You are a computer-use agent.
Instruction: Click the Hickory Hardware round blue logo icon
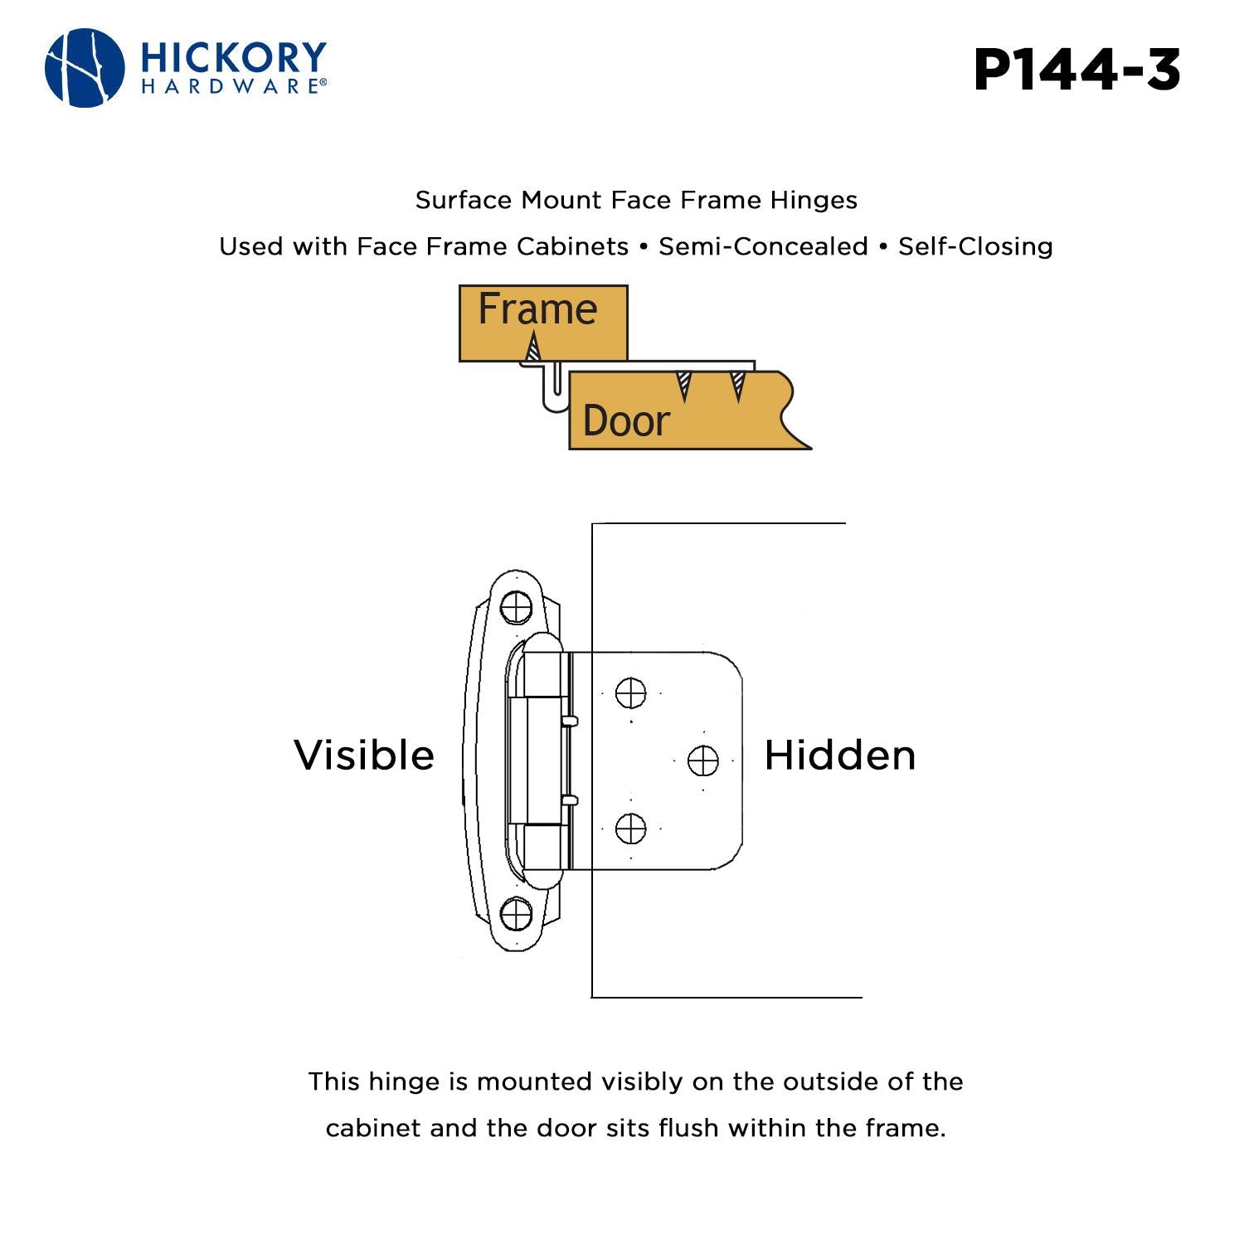pyautogui.click(x=85, y=68)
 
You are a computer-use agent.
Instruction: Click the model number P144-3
pyautogui.click(x=1076, y=70)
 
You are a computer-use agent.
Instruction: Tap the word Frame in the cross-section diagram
pyautogui.click(x=537, y=309)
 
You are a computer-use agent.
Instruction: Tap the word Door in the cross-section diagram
pyautogui.click(x=626, y=420)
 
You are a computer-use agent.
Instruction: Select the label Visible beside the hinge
pyautogui.click(x=364, y=756)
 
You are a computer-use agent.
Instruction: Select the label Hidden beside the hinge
pyautogui.click(x=839, y=756)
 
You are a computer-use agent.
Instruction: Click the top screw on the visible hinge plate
pyautogui.click(x=517, y=607)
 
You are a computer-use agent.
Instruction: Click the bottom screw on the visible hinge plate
pyautogui.click(x=517, y=914)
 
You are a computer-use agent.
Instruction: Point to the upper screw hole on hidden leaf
pyautogui.click(x=631, y=692)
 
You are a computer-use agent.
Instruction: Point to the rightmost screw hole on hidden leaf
pyautogui.click(x=703, y=760)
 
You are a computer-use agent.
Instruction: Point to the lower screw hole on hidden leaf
pyautogui.click(x=631, y=829)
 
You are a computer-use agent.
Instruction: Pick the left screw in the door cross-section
pyautogui.click(x=683, y=386)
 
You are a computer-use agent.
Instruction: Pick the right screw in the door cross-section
pyautogui.click(x=737, y=386)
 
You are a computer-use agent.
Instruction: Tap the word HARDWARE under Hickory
pyautogui.click(x=232, y=86)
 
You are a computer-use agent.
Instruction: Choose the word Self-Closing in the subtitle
pyautogui.click(x=975, y=246)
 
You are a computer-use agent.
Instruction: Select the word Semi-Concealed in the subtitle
pyautogui.click(x=763, y=246)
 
